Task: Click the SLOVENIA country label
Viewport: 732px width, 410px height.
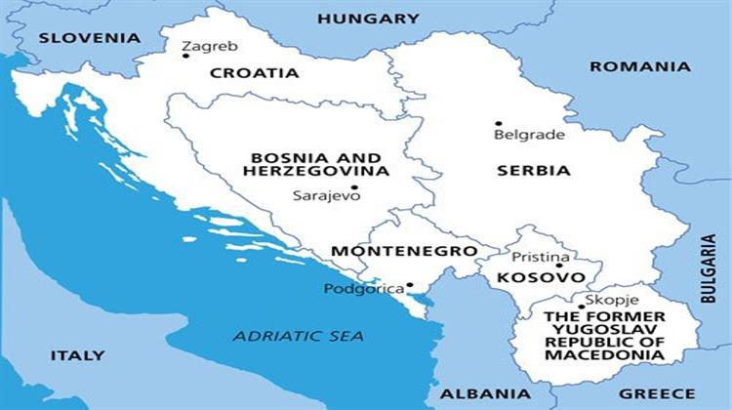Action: [89, 38]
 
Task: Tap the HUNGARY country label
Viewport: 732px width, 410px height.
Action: [368, 19]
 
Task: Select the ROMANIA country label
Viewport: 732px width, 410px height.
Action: [639, 66]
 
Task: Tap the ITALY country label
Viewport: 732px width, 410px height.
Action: [77, 355]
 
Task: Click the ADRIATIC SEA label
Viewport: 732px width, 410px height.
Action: [298, 336]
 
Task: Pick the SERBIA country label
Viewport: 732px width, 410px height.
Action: [533, 170]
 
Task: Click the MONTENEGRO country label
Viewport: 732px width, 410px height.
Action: [403, 251]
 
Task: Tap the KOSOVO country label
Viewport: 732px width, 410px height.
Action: [534, 278]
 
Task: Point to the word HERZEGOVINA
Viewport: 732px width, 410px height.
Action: [316, 171]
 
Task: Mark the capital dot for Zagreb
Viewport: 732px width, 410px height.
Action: [185, 56]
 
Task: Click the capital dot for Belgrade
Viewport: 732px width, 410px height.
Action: [498, 124]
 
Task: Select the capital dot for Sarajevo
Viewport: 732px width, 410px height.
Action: [354, 187]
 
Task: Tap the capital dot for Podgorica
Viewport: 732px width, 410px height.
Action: [410, 285]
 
